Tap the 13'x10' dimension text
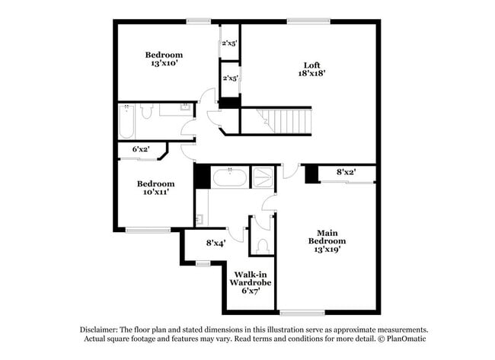[x=164, y=64]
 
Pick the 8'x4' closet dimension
[x=216, y=244]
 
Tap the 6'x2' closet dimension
[x=141, y=149]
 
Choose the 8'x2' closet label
[x=346, y=173]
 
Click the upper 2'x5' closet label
[x=230, y=43]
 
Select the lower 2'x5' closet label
[x=230, y=78]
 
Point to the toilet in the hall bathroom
[x=147, y=111]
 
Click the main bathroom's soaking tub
[x=229, y=179]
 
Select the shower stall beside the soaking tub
[x=263, y=177]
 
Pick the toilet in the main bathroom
[x=263, y=245]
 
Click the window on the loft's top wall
[x=303, y=21]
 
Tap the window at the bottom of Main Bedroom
[x=302, y=312]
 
